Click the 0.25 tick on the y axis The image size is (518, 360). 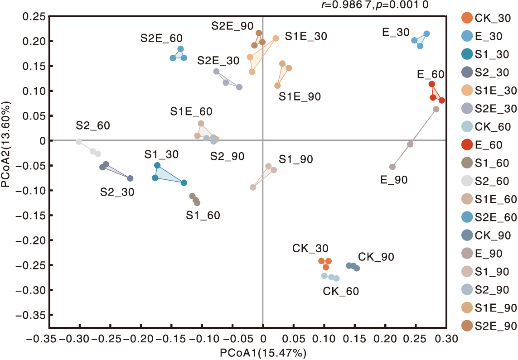tap(34, 17)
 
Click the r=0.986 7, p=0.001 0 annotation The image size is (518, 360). tap(374, 5)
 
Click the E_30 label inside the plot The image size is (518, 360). tap(396, 32)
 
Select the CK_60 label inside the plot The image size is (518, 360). tap(341, 291)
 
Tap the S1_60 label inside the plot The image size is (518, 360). tap(203, 215)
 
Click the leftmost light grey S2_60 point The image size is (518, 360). tap(79, 142)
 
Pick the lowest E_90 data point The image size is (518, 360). tap(392, 167)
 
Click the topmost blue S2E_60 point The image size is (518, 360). tap(180, 49)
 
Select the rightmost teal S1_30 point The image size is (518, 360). tap(184, 183)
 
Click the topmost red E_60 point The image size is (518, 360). tap(432, 84)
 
